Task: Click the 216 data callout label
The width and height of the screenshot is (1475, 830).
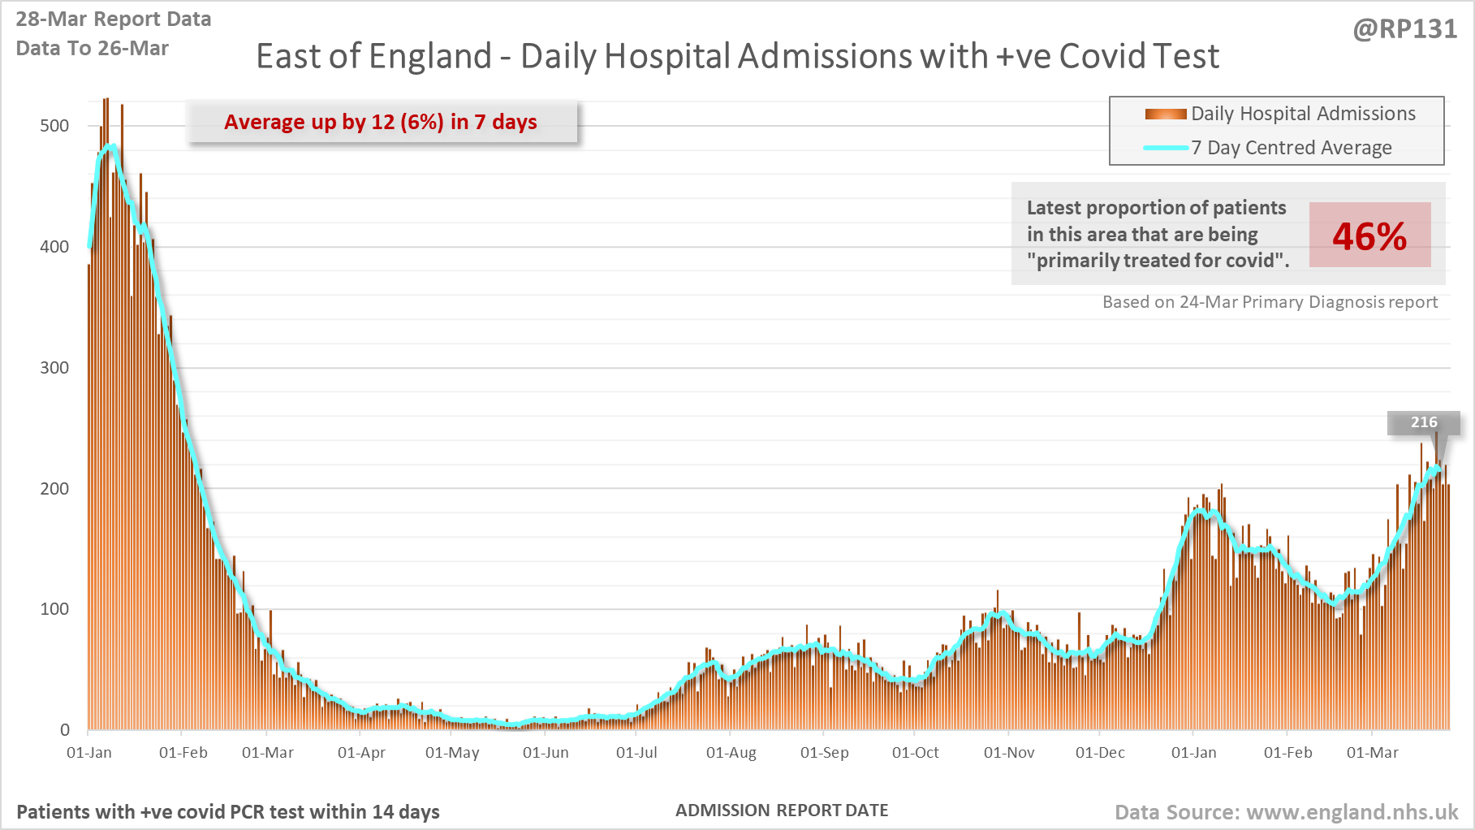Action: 1423,422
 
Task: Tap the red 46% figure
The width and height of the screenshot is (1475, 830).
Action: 1369,236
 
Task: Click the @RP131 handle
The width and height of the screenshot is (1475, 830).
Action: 1404,29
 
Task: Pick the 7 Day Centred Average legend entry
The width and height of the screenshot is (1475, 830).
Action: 1291,148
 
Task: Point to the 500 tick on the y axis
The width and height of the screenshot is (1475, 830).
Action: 54,126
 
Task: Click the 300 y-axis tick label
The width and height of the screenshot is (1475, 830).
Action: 54,368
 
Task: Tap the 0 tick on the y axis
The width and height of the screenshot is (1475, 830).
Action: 65,730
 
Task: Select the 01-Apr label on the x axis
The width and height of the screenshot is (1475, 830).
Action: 361,753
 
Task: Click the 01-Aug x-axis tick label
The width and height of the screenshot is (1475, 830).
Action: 731,753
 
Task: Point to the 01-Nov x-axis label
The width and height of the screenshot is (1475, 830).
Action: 1009,753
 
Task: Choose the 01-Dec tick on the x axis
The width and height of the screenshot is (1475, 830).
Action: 1100,753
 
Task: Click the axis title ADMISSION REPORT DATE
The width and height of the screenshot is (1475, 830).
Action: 782,811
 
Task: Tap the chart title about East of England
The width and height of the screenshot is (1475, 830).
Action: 737,56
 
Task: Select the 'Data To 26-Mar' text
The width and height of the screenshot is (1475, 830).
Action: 92,49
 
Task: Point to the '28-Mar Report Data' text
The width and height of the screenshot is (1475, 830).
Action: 114,19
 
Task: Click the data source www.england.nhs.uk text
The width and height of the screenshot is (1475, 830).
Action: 1286,812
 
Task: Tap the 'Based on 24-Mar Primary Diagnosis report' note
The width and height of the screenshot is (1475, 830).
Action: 1270,302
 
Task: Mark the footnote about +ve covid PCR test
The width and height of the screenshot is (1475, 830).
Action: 228,812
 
